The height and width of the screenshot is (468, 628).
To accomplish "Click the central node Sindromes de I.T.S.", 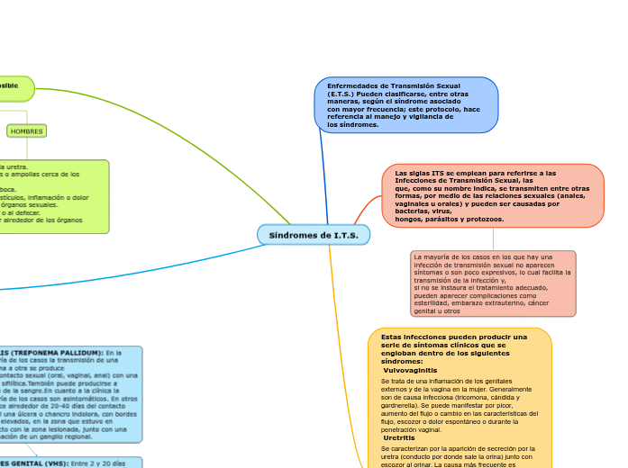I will (x=314, y=235).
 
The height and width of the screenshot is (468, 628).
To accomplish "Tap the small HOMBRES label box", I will (x=27, y=131).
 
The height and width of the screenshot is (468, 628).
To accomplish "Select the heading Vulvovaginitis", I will (x=410, y=370).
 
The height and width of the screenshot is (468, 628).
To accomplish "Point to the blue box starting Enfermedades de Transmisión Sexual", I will (x=405, y=105).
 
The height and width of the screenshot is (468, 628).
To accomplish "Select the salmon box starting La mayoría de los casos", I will (x=492, y=283).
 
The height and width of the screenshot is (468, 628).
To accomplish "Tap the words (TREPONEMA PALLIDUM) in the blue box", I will (x=55, y=353).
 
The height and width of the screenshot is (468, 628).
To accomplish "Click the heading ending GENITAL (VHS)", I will (x=54, y=462).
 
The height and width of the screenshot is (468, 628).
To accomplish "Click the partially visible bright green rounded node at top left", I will (x=14, y=87).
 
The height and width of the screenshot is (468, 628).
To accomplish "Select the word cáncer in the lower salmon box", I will (x=538, y=303).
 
